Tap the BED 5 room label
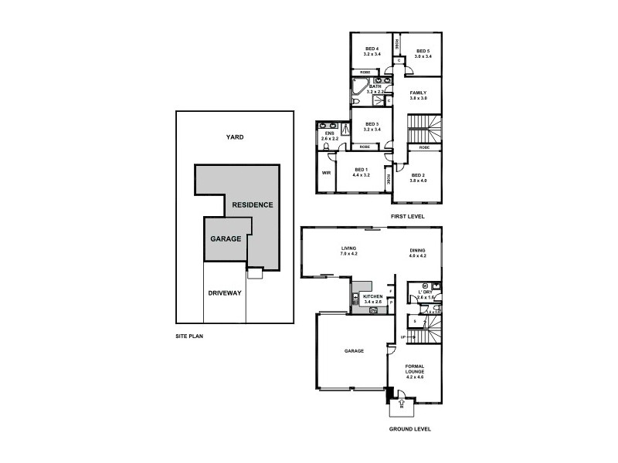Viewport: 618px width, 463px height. pos(422,50)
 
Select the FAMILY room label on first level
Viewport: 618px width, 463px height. pos(418,93)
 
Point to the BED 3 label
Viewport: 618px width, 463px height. pos(372,123)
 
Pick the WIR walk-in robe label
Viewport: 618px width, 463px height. pos(326,172)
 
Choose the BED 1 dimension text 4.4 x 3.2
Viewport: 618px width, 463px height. pos(362,175)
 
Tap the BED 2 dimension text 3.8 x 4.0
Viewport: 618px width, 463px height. pos(419,181)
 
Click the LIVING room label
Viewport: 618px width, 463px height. pos(348,248)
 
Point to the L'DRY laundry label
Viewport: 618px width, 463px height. pos(426,291)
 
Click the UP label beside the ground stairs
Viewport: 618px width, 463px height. pos(403,336)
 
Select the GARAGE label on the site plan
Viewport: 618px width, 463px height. pos(226,238)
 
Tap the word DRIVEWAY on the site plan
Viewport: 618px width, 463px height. pos(225,292)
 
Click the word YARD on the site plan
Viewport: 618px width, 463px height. pos(234,137)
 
